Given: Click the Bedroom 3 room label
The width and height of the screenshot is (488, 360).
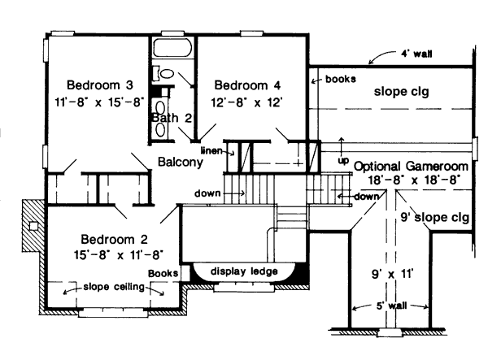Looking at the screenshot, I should coord(100,85).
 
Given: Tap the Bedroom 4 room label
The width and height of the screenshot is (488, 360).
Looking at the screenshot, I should coord(247,85).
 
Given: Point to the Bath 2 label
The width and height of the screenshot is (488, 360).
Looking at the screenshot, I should coord(172,118).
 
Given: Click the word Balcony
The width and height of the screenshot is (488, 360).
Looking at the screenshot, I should coord(180,162).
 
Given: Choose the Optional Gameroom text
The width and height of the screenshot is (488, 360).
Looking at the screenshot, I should coord(407,166).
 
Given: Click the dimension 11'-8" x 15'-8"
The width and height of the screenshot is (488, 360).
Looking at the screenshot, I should coord(100,102).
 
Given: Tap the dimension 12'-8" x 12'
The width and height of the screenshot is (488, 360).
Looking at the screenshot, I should coord(247,102).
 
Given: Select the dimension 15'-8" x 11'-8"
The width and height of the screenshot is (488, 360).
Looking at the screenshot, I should coord(115,255).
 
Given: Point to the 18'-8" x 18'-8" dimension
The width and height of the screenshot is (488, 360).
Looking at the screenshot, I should coord(407,181).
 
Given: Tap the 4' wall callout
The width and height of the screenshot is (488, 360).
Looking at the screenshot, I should coord(416,53).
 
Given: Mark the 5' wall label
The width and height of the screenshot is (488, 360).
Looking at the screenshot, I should coord(391,306).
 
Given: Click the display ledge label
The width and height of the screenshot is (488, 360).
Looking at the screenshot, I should coord(244,271).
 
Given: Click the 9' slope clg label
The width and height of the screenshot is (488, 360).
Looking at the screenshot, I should coord(435,217).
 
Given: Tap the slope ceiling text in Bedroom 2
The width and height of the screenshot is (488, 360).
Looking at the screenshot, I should coord(115,287).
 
